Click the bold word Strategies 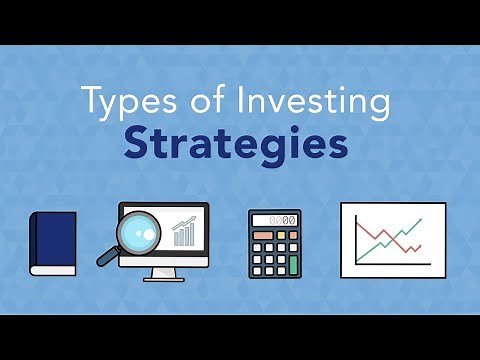coord(236,142)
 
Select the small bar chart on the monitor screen coord(184,233)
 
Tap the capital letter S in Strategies coord(136,142)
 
